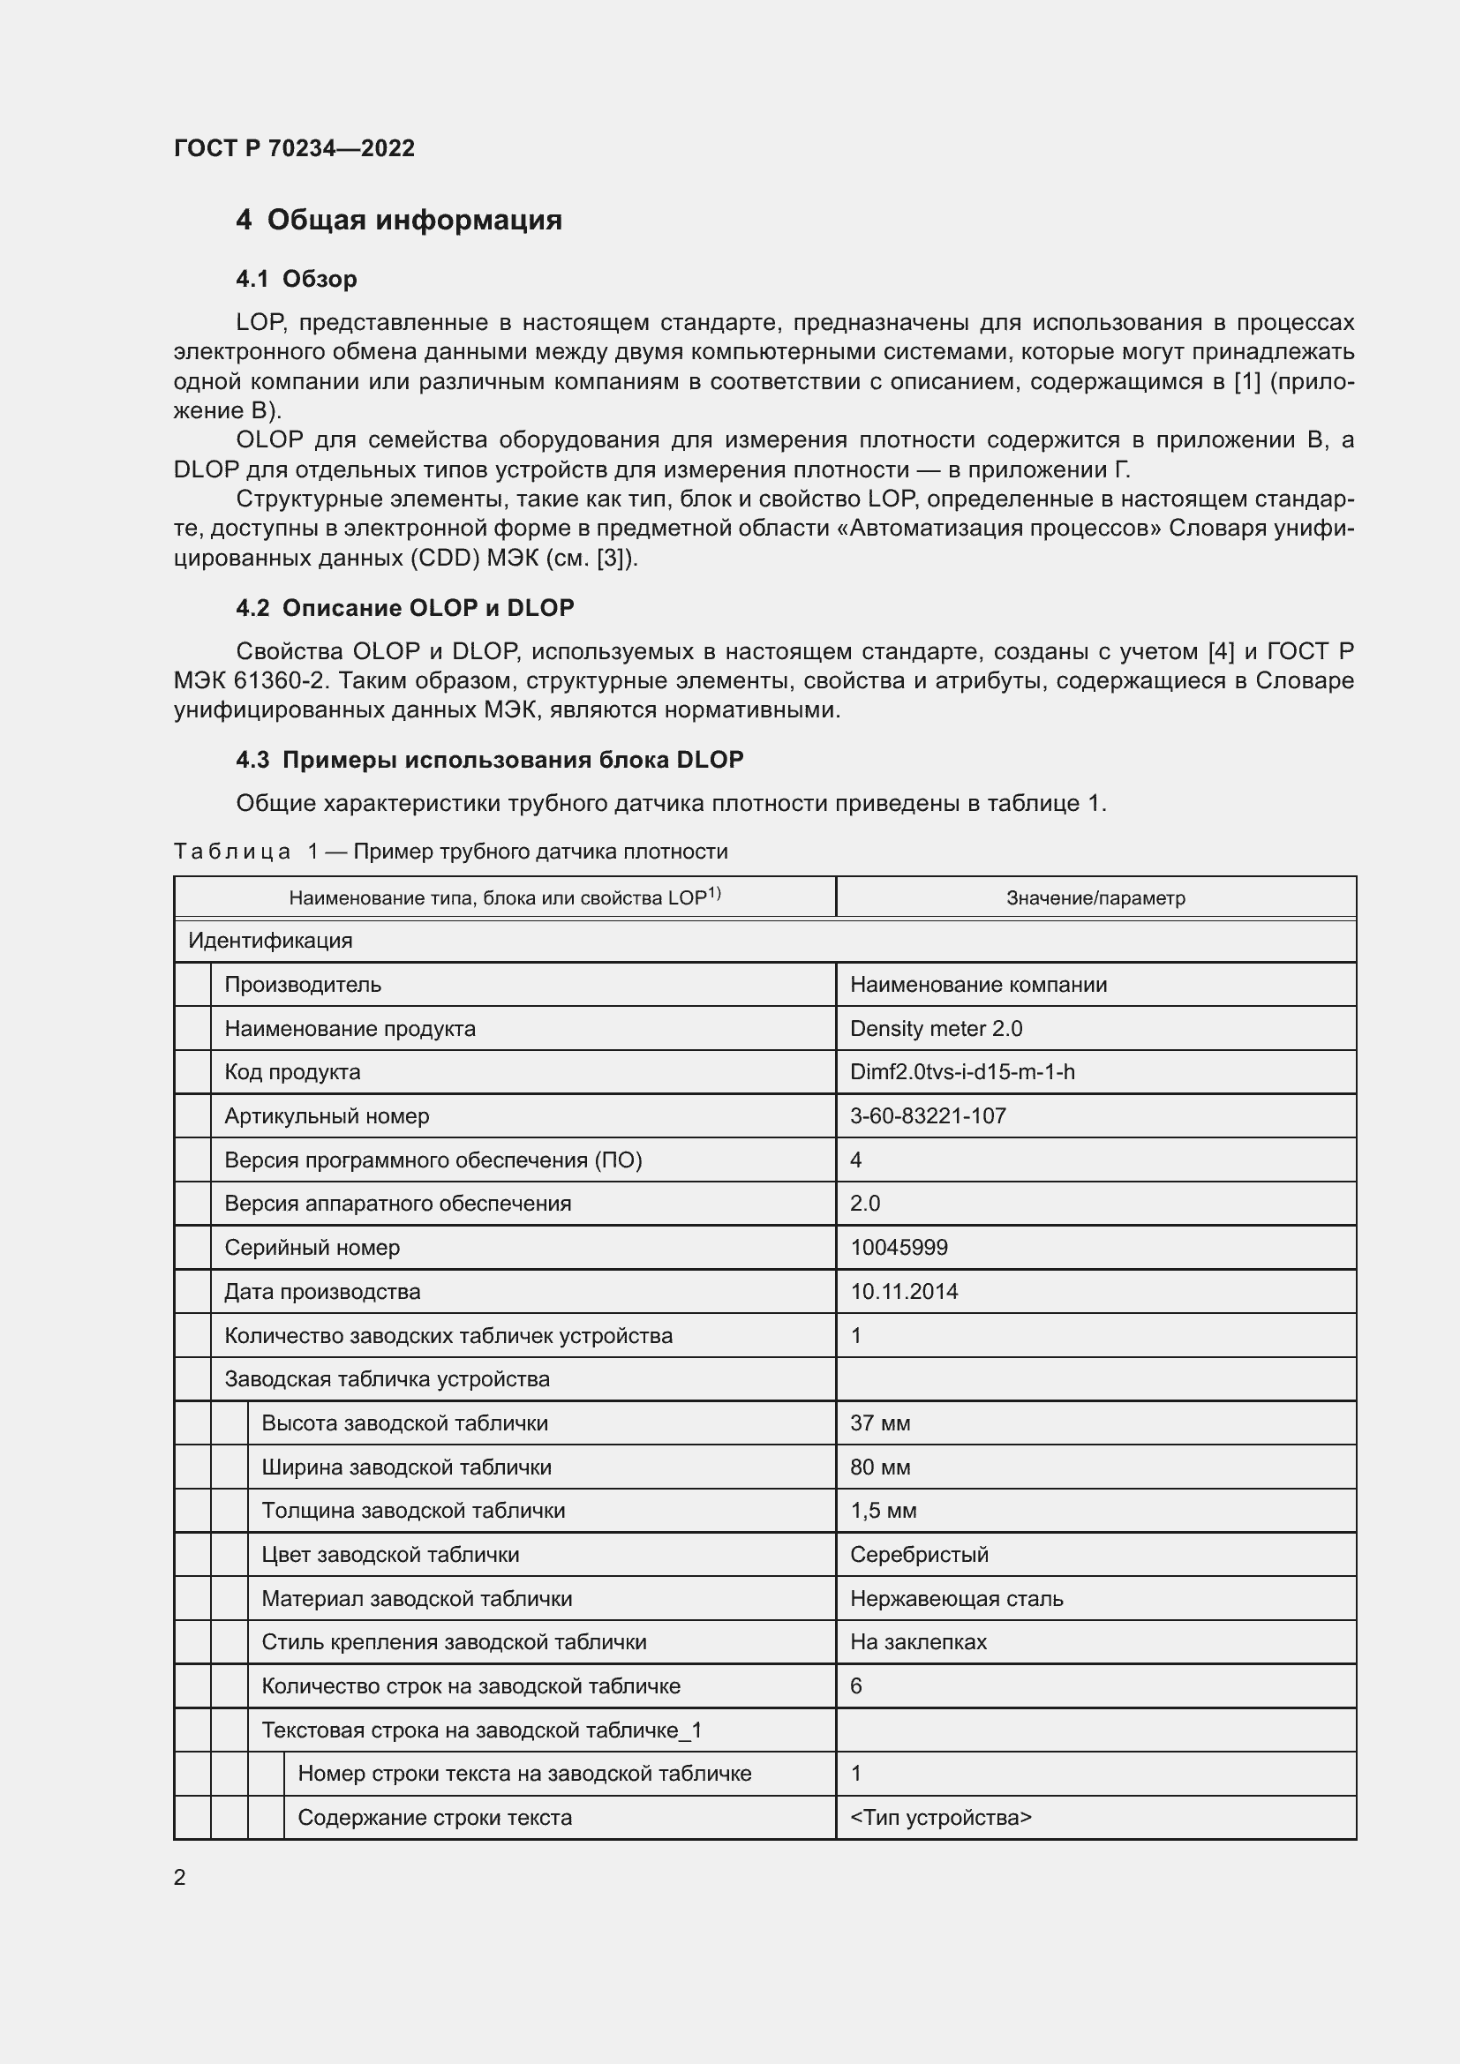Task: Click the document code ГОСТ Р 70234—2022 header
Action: [x=294, y=148]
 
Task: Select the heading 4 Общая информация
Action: [x=398, y=221]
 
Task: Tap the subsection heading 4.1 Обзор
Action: [x=296, y=279]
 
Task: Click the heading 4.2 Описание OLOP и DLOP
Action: [x=404, y=608]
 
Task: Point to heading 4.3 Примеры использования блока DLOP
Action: [x=489, y=760]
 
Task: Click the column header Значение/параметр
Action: [x=1095, y=898]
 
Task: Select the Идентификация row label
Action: [x=270, y=942]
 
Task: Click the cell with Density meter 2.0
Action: [x=936, y=1028]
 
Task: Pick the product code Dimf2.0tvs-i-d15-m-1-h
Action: [x=962, y=1071]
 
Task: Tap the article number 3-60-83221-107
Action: [x=928, y=1115]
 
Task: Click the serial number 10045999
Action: [x=898, y=1248]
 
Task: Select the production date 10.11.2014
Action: [x=904, y=1292]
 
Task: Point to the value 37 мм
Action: [x=880, y=1423]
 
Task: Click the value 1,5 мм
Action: [x=883, y=1510]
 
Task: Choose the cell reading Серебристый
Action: [x=919, y=1554]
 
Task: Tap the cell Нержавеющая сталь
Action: [x=957, y=1598]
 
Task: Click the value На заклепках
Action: [x=918, y=1641]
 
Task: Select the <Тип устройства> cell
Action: [x=940, y=1818]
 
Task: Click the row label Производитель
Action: [x=302, y=985]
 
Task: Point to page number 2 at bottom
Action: [x=180, y=1878]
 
